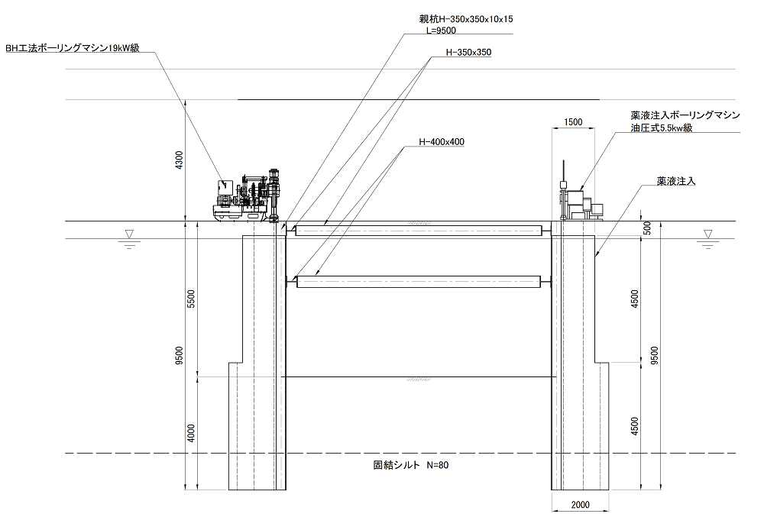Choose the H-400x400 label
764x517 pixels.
point(442,142)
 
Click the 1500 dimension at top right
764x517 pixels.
point(574,122)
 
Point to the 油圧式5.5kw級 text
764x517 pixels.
point(662,128)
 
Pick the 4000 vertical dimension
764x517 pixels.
point(191,433)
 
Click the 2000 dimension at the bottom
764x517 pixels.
point(580,506)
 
